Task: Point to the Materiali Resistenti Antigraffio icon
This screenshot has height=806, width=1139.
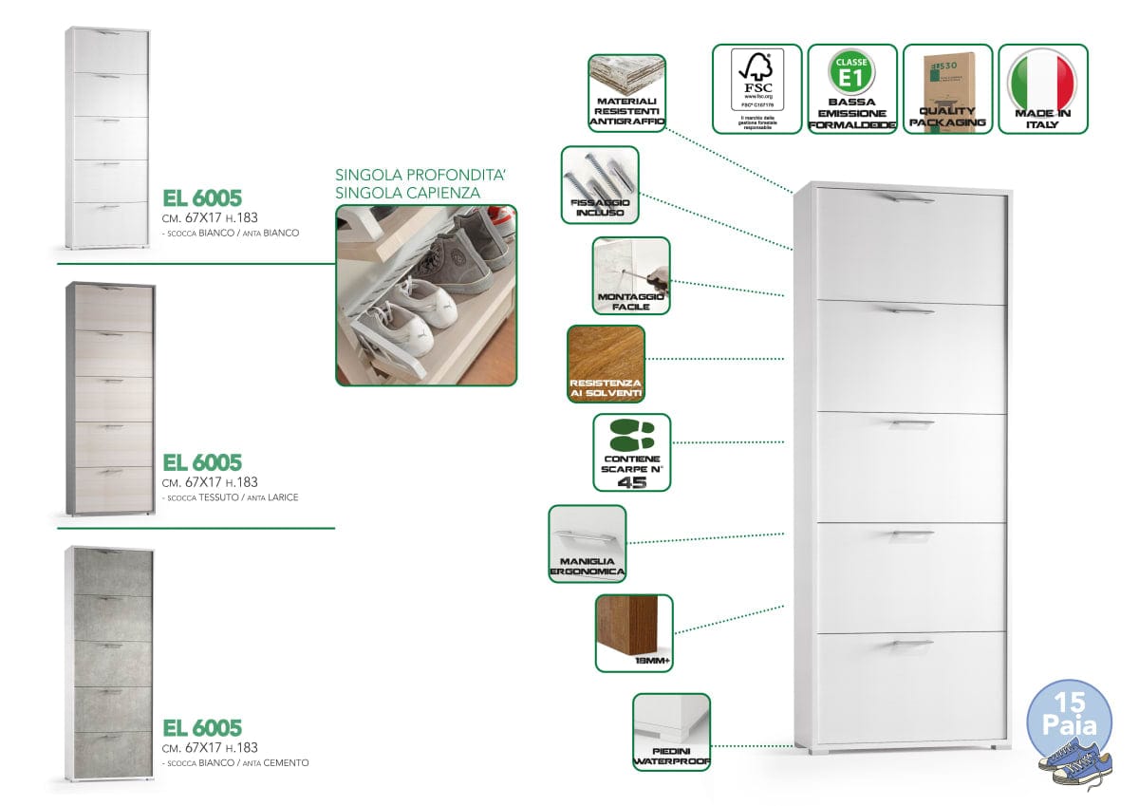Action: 626,92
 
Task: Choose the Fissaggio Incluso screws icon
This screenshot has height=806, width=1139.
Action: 599,183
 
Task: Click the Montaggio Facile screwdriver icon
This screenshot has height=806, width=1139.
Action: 631,275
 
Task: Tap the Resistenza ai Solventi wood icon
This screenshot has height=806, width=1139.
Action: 606,364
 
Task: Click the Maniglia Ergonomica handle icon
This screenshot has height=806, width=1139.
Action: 588,542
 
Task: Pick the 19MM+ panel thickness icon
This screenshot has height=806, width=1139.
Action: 633,632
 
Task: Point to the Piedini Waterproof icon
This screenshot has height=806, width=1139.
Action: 671,730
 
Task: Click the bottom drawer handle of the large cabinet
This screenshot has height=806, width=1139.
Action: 900,646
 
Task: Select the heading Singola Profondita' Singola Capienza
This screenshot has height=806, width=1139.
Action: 407,184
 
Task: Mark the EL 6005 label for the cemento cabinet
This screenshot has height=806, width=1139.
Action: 202,728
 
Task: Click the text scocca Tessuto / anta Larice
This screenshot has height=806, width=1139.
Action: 231,497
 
